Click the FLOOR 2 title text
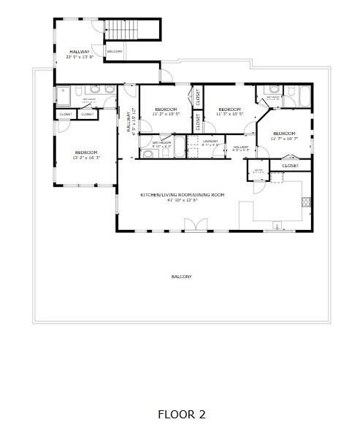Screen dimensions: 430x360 [x=181, y=415]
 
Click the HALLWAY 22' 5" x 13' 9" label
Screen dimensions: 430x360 [x=80, y=53]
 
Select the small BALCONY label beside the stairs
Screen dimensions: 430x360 [x=115, y=51]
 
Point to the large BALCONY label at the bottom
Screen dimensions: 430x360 [x=181, y=277]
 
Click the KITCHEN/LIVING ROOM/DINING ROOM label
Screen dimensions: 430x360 [x=182, y=196]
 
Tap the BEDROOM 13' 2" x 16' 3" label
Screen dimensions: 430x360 [x=86, y=154]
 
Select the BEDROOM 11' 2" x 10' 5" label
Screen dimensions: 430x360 [x=166, y=112]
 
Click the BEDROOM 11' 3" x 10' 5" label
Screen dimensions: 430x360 [x=230, y=112]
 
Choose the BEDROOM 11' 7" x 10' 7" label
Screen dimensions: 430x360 [x=284, y=135]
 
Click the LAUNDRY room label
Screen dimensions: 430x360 [x=211, y=142]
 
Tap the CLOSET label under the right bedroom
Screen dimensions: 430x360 [x=290, y=166]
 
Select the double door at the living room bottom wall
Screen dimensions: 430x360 [x=195, y=229]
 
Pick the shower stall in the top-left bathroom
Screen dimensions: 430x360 [x=64, y=95]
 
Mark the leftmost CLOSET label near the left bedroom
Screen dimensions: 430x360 [x=65, y=114]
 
